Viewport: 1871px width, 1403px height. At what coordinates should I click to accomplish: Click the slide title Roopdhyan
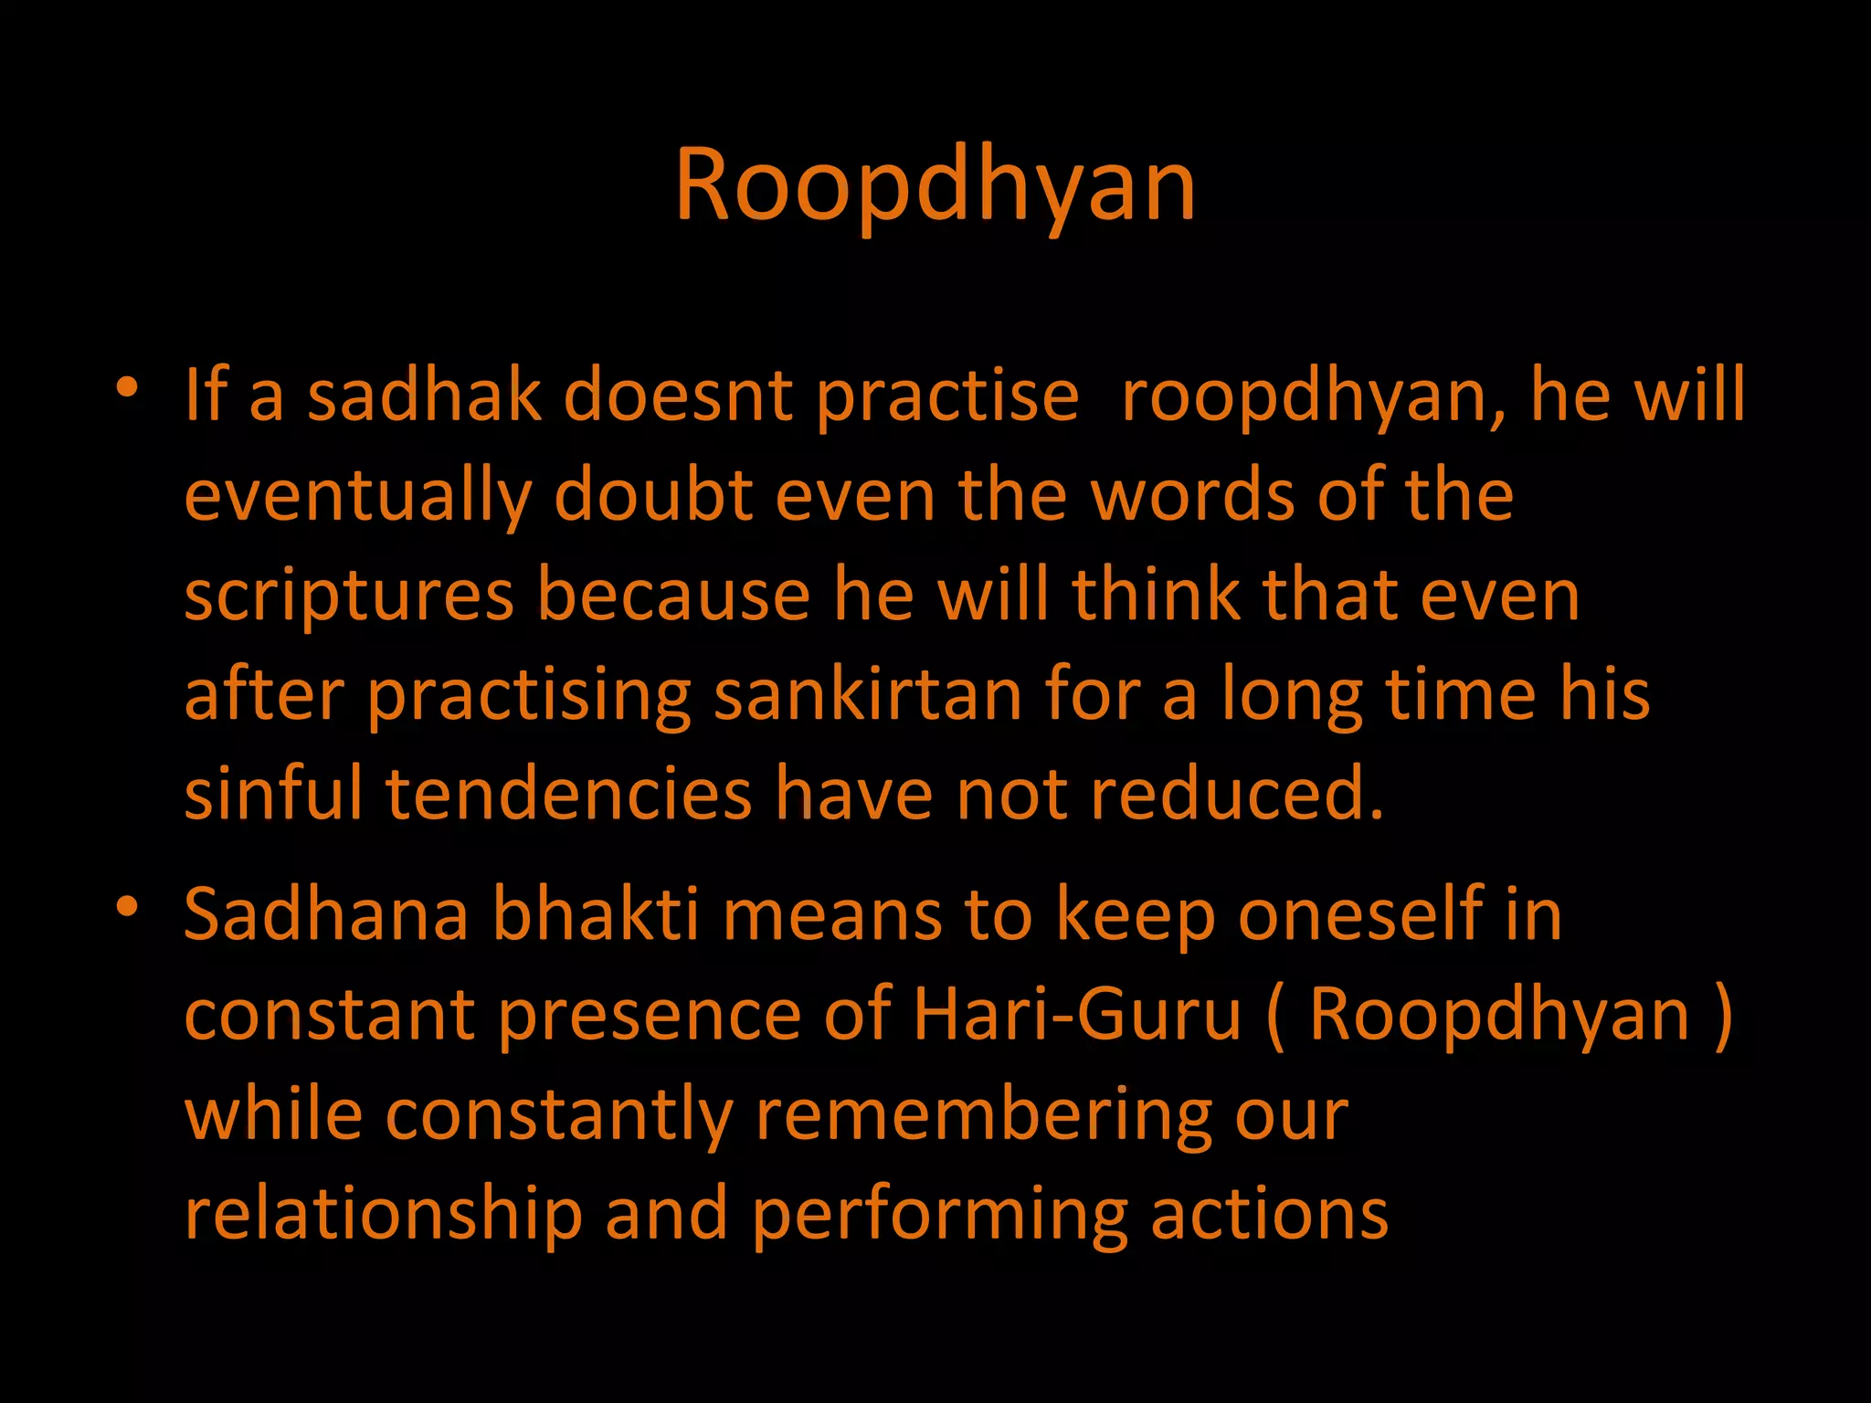click(935, 185)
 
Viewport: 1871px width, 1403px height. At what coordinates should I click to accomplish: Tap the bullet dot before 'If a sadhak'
click(127, 387)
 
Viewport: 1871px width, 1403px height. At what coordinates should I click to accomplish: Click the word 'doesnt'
click(678, 395)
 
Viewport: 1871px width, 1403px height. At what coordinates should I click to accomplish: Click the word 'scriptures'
click(349, 596)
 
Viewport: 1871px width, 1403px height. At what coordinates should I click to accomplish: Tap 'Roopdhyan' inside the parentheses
click(1499, 1016)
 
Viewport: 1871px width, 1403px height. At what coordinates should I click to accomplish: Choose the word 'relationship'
click(384, 1215)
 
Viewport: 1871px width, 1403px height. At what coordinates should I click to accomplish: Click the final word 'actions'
click(1269, 1215)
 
